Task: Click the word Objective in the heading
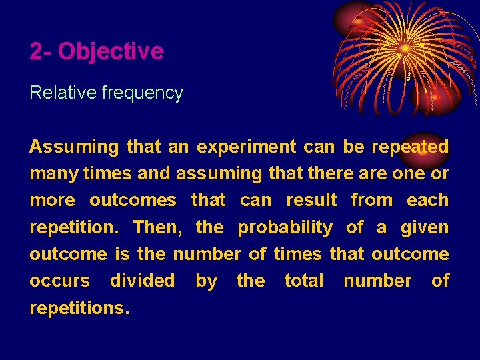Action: pyautogui.click(x=111, y=51)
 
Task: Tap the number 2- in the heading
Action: pyautogui.click(x=41, y=51)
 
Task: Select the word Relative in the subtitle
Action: pyautogui.click(x=63, y=93)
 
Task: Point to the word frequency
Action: pyautogui.click(x=142, y=93)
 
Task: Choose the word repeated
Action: pyautogui.click(x=410, y=147)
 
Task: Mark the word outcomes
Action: pyautogui.click(x=133, y=200)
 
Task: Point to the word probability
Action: pyautogui.click(x=285, y=227)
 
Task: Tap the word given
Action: pyautogui.click(x=425, y=227)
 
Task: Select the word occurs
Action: pyautogui.click(x=59, y=281)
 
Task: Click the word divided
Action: pyautogui.click(x=142, y=281)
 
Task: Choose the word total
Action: pyautogui.click(x=303, y=281)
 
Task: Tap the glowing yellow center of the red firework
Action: pyautogui.click(x=405, y=48)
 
